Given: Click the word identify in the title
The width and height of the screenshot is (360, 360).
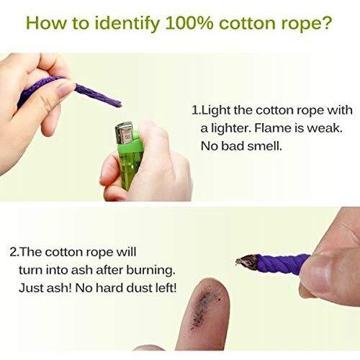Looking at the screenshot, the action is coord(127,24).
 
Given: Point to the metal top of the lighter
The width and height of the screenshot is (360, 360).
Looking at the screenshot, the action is coord(125,133).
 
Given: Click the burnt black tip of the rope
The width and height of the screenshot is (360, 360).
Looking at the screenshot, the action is coord(247,262).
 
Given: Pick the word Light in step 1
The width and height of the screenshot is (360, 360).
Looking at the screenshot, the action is coord(215,111).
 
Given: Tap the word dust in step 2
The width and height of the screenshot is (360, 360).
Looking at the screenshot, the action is coord(139,288).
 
